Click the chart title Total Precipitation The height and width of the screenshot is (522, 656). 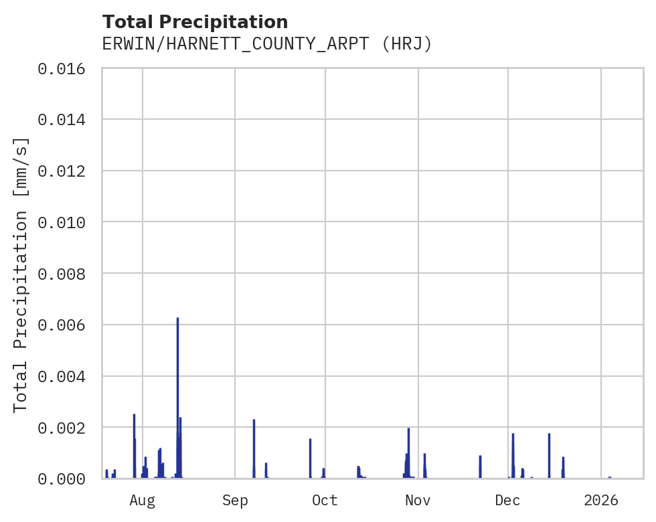coord(195,22)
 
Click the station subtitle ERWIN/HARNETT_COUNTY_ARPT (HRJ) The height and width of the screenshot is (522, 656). coord(267,44)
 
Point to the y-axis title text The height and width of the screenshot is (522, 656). coord(21,274)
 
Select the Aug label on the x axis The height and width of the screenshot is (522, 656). coord(143,501)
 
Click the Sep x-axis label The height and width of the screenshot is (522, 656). coord(235,501)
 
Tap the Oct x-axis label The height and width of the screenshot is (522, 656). coord(325,501)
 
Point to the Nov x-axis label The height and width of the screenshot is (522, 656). coord(418,501)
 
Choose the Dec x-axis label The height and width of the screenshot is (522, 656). coord(507,501)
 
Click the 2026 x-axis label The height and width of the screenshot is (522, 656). coord(601,501)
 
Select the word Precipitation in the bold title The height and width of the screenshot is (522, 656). coord(226,22)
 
